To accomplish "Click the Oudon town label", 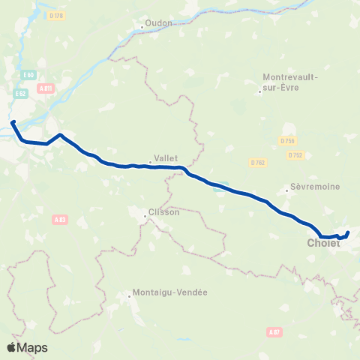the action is coord(158,22).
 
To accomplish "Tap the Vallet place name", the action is coord(165,158).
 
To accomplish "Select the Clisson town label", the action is coord(166,212).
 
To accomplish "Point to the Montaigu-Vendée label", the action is coord(169,292).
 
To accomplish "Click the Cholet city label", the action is coord(322,242).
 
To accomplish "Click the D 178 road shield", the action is coord(54,16).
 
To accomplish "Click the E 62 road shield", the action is coord(21,94).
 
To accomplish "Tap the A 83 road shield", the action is coord(60,219).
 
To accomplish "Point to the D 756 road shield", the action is coord(286,140).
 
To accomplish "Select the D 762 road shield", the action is coord(257,161).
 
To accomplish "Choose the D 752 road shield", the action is coord(295,155).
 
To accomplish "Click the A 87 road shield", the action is coord(274,331).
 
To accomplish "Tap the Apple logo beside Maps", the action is coord(12,347).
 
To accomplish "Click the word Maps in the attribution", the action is coord(33,347).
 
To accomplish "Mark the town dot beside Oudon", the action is coord(142,28).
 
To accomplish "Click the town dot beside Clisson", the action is coord(145,217).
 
